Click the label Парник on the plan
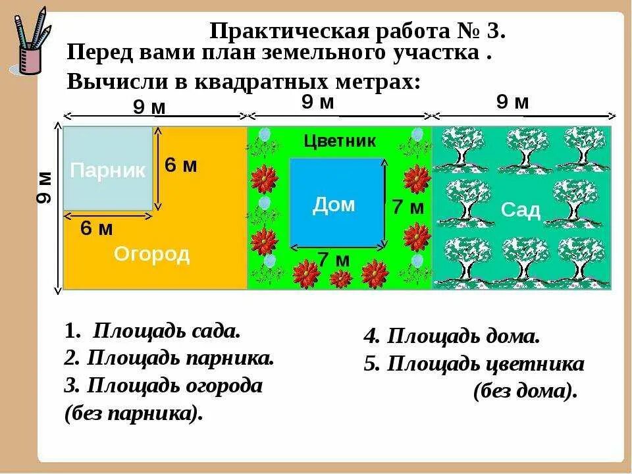point(108,171)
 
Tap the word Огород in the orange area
point(151,255)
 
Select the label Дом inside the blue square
point(333,205)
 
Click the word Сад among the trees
point(521,210)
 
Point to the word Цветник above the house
point(340,141)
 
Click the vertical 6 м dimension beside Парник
point(181,165)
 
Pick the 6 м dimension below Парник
point(97,229)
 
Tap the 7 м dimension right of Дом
point(408,207)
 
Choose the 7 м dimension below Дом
point(334,260)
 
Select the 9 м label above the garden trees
point(512,102)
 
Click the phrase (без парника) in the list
point(133,414)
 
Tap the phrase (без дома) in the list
point(525,391)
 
